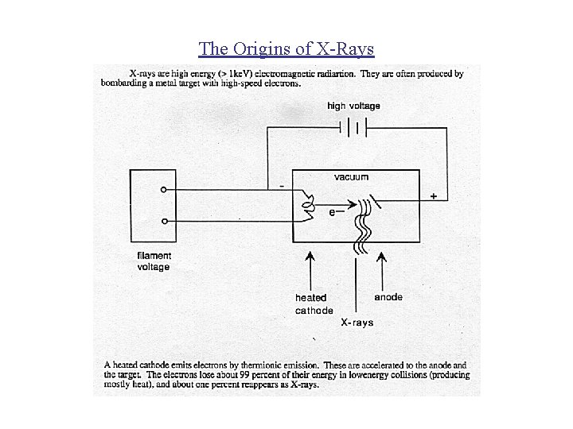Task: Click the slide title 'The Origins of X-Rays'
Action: click(286, 48)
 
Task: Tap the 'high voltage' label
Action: click(353, 106)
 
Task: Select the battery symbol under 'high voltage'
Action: click(353, 127)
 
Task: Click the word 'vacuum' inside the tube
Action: click(351, 177)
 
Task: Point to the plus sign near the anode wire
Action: click(434, 195)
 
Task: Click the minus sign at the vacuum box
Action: click(283, 187)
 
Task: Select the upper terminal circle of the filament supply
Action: click(163, 191)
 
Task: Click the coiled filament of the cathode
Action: click(306, 204)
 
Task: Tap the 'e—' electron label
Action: click(336, 213)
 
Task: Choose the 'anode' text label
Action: click(388, 297)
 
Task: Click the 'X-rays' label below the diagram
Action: click(357, 323)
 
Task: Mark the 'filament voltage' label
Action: click(154, 261)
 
